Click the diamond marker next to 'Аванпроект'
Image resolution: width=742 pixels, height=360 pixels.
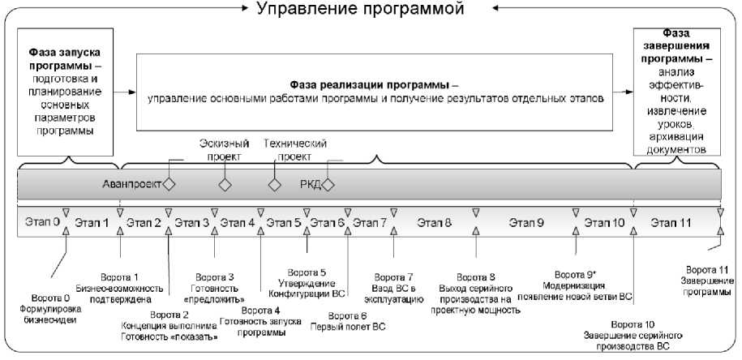(x=169, y=184)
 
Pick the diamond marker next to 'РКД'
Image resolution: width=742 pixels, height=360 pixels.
(x=330, y=184)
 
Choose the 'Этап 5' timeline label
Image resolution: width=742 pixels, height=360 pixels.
(x=285, y=221)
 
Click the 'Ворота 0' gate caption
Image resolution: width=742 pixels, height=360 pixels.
(x=57, y=308)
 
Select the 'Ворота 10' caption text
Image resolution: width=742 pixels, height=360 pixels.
(x=633, y=335)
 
